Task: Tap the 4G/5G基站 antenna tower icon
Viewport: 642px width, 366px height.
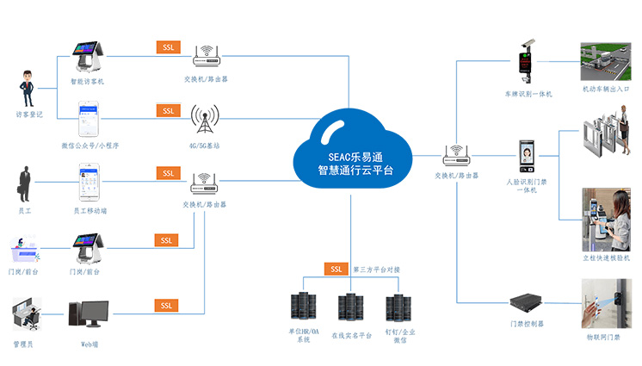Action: pyautogui.click(x=204, y=121)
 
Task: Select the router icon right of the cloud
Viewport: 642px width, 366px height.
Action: pyautogui.click(x=455, y=156)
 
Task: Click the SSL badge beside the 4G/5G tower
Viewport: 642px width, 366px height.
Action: pyautogui.click(x=168, y=110)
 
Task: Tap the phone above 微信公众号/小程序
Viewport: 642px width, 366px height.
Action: pyautogui.click(x=90, y=119)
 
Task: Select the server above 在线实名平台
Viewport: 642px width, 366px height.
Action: pyautogui.click(x=350, y=309)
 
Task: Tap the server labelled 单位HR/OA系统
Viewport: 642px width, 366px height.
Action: pyautogui.click(x=303, y=309)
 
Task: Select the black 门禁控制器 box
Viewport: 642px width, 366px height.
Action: pyautogui.click(x=527, y=302)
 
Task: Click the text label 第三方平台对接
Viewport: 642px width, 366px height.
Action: pyautogui.click(x=376, y=270)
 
